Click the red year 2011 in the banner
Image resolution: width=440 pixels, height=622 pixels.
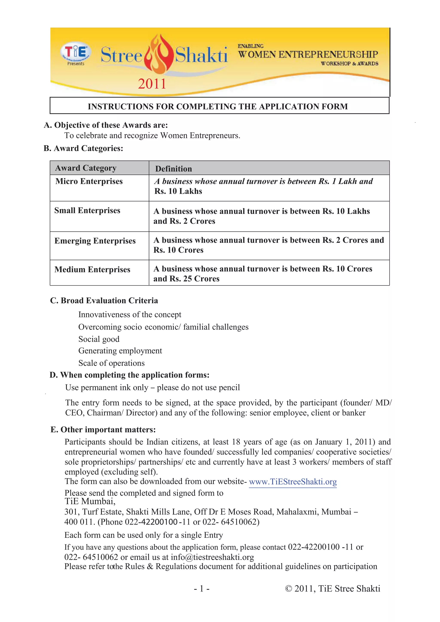click(x=152, y=84)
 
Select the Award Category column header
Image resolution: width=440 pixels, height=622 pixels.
click(x=86, y=168)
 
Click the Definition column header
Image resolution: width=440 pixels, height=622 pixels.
click(x=173, y=169)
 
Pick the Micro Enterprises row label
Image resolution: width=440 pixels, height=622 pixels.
click(x=89, y=181)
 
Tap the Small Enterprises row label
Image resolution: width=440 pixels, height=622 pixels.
click(x=87, y=210)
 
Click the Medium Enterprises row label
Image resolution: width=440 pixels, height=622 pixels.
click(x=92, y=270)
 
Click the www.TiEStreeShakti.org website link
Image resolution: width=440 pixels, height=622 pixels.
click(x=293, y=482)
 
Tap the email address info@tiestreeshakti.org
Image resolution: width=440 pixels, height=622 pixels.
click(x=212, y=557)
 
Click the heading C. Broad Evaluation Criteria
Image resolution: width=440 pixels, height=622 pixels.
click(x=104, y=301)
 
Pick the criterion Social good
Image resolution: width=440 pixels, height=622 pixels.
click(x=99, y=339)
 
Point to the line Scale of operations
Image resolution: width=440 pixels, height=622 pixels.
click(x=111, y=363)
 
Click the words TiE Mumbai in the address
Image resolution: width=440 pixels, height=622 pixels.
click(x=90, y=502)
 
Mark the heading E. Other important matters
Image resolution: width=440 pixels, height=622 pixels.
click(x=103, y=430)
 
